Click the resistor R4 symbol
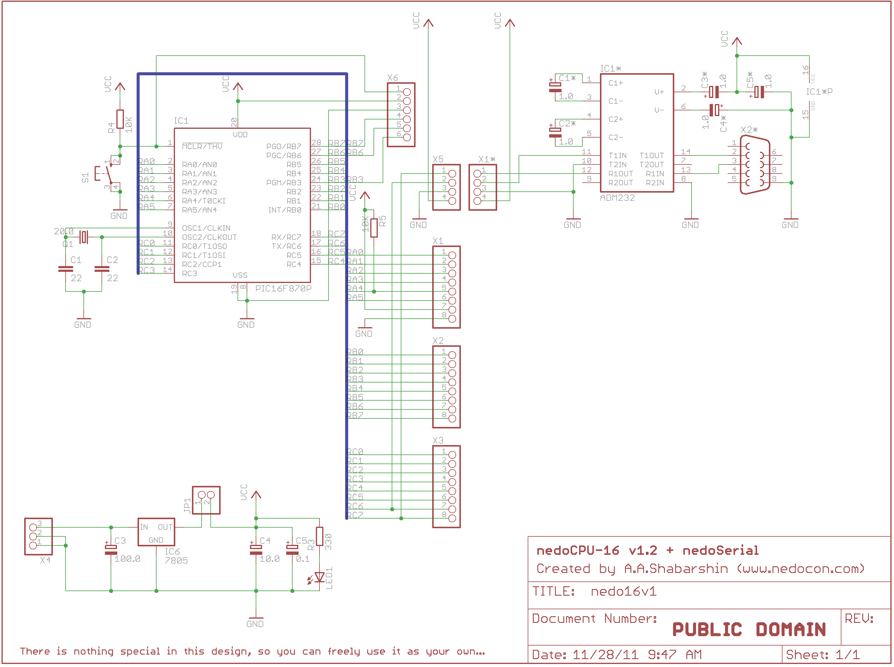click(120, 119)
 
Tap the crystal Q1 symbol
click(83, 237)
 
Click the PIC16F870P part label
click(283, 288)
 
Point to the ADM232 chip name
click(617, 198)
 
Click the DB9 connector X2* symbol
click(754, 165)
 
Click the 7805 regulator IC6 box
click(156, 532)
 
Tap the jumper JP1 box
click(206, 500)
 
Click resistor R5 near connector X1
click(374, 228)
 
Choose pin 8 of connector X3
click(452, 519)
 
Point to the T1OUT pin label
click(651, 155)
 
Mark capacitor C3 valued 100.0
click(111, 549)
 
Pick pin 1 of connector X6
click(407, 92)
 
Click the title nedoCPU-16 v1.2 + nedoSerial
click(647, 550)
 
